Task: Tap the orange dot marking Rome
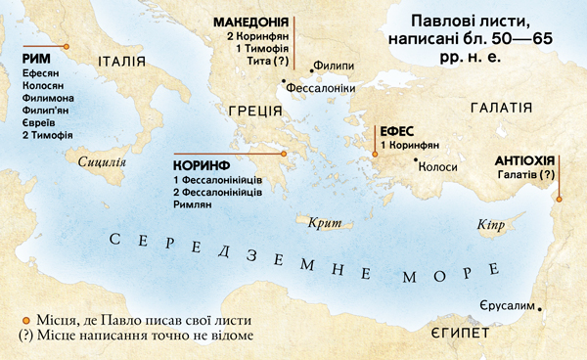(66, 47)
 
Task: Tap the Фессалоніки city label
(319, 87)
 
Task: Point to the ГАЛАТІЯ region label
(501, 108)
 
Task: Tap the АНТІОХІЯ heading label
(526, 159)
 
